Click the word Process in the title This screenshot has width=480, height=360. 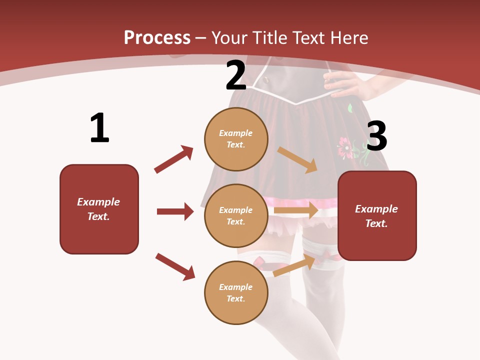[157, 38]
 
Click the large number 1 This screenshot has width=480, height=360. [99, 128]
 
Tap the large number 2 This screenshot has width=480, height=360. [236, 75]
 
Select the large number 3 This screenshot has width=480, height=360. [376, 136]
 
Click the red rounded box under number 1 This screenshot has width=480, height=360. [99, 209]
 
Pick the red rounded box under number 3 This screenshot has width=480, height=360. [377, 216]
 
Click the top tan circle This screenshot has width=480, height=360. [236, 139]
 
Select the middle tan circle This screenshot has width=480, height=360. [236, 215]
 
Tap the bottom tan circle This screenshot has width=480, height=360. [236, 292]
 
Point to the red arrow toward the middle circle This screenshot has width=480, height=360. [175, 211]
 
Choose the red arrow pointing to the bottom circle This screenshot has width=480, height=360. [175, 266]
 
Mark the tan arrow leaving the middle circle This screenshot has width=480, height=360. [296, 210]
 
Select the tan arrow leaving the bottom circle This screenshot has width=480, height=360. [294, 265]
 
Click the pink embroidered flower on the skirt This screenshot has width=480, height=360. [345, 148]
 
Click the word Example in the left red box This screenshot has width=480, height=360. [98, 202]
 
